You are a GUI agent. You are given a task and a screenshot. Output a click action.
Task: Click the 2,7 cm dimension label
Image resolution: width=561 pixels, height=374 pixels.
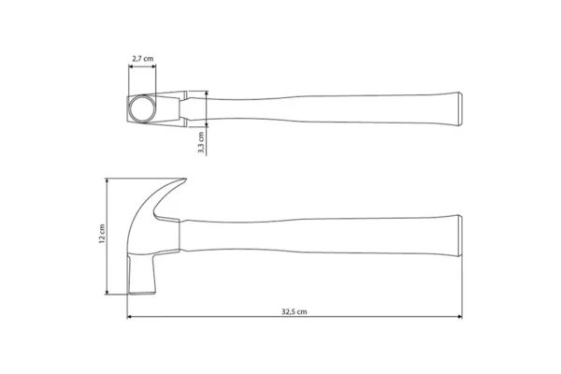click(143, 58)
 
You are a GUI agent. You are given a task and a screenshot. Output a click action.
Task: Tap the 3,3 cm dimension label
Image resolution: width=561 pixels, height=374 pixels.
click(201, 142)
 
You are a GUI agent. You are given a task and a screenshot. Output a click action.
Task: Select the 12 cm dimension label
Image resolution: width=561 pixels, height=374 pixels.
click(102, 234)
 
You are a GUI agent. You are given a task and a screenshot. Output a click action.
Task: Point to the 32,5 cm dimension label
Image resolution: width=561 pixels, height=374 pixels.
click(295, 311)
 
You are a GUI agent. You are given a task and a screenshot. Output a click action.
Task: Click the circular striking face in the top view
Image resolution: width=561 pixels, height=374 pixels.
click(142, 108)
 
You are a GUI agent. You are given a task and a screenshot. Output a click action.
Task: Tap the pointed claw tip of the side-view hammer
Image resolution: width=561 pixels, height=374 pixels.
click(185, 180)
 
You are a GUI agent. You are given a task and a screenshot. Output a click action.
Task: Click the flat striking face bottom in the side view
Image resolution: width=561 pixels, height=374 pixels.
click(142, 294)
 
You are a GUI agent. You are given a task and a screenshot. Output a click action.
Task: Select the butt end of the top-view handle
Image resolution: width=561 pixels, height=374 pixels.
click(460, 108)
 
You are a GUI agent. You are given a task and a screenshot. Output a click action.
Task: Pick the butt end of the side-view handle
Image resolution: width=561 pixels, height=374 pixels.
click(460, 236)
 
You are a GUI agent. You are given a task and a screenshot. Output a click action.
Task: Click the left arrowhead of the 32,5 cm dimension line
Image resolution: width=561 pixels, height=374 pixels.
click(130, 316)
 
